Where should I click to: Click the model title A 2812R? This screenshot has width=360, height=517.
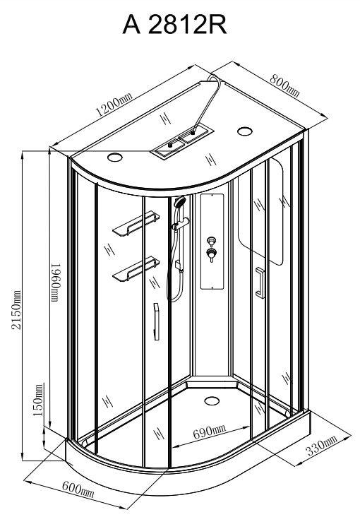(175, 25)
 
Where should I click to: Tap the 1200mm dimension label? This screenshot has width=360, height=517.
(114, 105)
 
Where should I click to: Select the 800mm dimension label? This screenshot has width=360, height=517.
(285, 85)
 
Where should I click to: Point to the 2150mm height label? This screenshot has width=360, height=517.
(16, 309)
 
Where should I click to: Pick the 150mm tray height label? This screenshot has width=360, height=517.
(38, 400)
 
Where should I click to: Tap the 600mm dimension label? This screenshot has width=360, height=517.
(78, 489)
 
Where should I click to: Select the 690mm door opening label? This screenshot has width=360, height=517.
(210, 432)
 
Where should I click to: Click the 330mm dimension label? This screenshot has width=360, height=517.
(322, 445)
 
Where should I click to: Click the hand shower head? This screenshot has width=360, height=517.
(180, 201)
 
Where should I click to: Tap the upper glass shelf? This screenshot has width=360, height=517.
(136, 223)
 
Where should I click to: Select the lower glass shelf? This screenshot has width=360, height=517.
(136, 269)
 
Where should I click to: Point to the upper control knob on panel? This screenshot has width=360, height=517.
(210, 240)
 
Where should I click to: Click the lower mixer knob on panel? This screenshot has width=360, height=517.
(210, 254)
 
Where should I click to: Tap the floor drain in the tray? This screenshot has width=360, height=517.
(212, 401)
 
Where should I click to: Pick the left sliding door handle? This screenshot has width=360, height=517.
(156, 321)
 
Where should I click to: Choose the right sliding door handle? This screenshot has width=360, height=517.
(260, 283)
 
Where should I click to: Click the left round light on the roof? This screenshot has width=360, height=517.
(115, 157)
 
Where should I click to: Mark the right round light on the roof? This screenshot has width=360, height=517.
(245, 131)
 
